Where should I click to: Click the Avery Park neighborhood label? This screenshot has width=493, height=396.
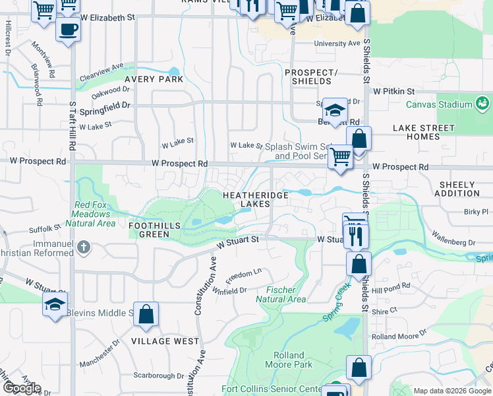pos(158,79)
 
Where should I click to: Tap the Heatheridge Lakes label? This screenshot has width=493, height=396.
pos(246,199)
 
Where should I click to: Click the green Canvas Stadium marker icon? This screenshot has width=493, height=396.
pos(482,104)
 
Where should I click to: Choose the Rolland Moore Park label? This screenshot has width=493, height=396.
pos(289,360)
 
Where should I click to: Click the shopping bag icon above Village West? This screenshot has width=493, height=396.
pos(146,314)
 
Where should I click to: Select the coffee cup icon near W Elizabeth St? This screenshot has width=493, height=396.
pos(68,30)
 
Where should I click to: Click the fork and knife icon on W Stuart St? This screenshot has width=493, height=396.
pos(357,235)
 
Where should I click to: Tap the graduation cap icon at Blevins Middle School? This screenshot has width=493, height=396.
pos(55,304)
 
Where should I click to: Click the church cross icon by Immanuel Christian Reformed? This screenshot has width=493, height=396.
pos(82,247)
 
